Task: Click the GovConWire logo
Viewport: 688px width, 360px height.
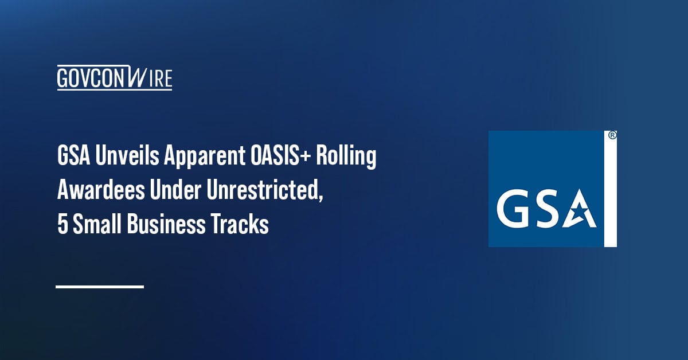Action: coord(115,78)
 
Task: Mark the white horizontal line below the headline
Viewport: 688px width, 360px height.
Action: coord(100,286)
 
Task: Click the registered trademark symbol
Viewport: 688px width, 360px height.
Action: coord(612,136)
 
